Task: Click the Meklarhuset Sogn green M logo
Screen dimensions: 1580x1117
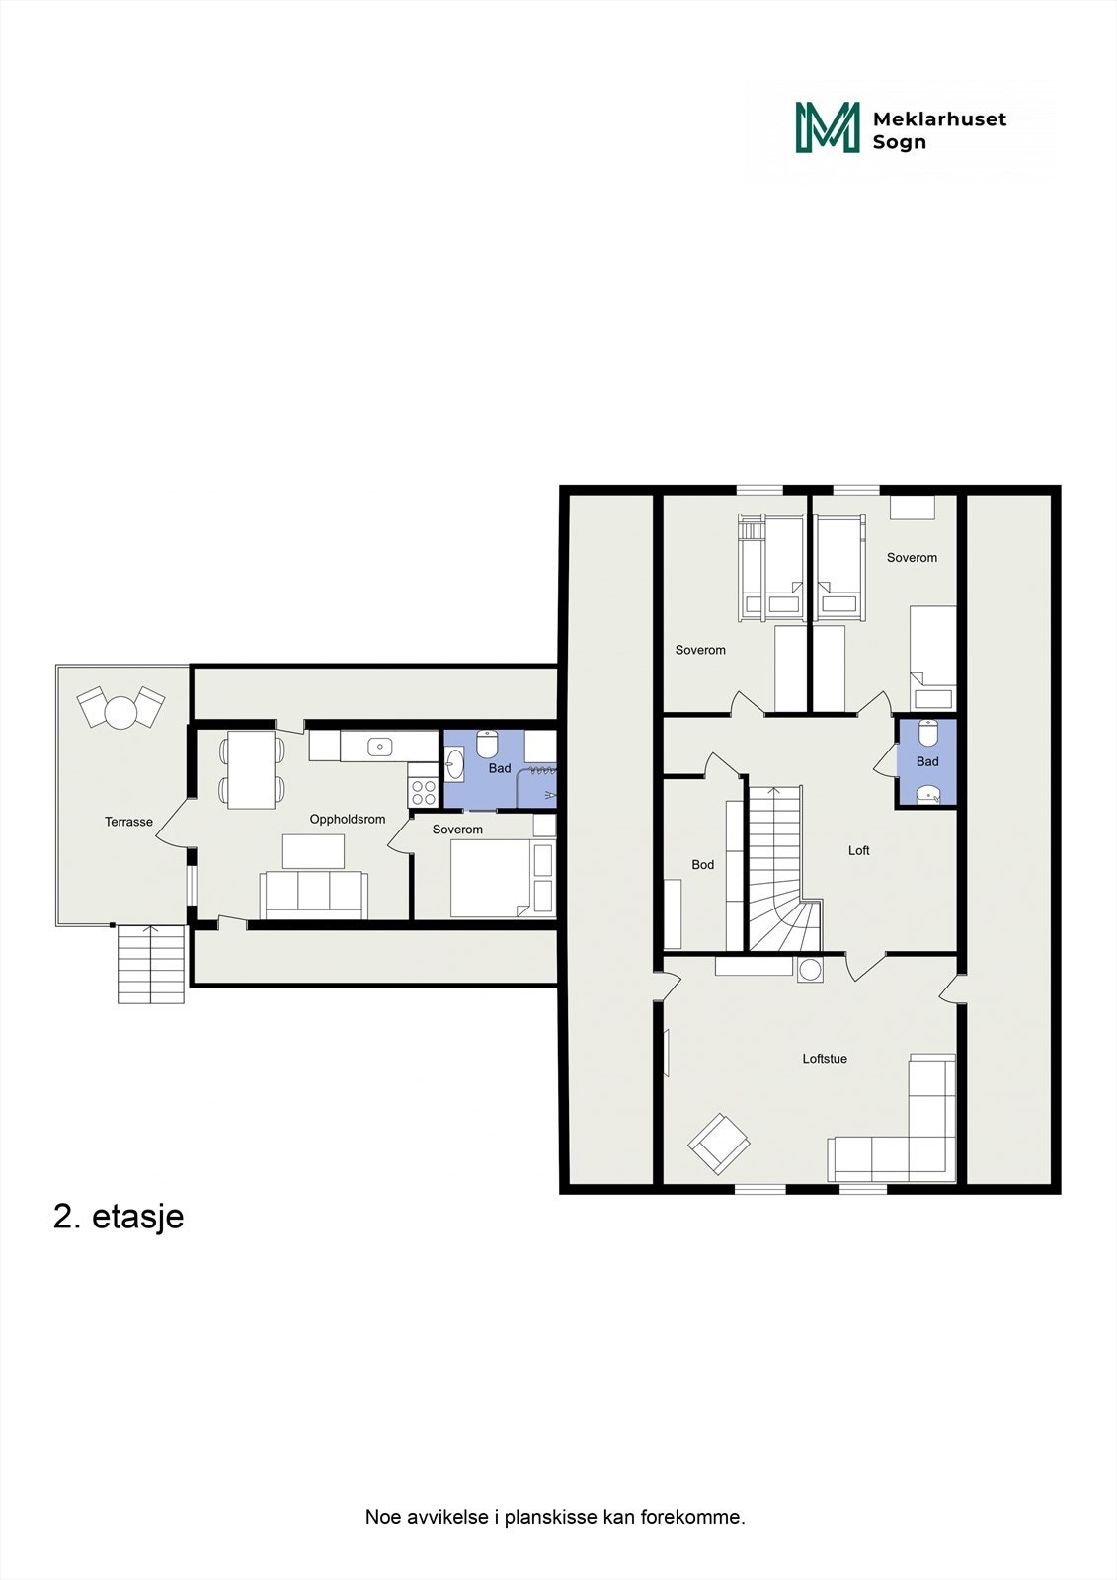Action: (x=828, y=127)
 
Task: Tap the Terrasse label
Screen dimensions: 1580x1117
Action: (x=128, y=822)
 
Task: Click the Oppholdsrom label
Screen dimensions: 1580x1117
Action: (x=348, y=819)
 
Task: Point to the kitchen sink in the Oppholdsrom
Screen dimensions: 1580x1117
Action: (x=380, y=747)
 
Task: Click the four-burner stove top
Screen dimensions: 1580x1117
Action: (x=424, y=791)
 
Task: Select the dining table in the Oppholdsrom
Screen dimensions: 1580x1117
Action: (x=251, y=769)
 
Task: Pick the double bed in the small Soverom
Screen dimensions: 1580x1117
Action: (x=491, y=879)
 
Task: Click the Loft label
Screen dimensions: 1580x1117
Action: (x=859, y=850)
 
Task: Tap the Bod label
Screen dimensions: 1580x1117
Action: (x=703, y=864)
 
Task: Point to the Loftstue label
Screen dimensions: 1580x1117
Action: (x=825, y=1059)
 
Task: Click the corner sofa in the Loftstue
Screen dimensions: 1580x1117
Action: (x=914, y=1136)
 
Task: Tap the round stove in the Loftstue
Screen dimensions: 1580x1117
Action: (x=811, y=970)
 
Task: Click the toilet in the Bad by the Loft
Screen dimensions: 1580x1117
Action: (x=927, y=735)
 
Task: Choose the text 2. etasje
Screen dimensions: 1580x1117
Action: (x=119, y=1217)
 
